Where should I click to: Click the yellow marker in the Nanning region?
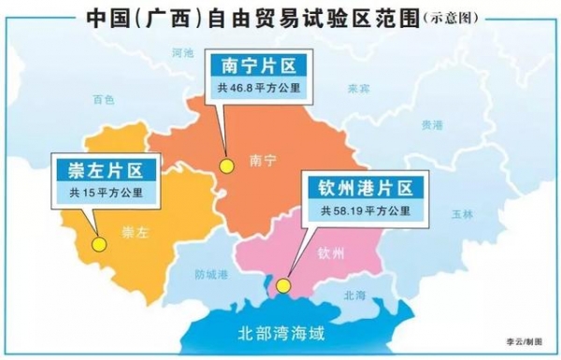pyautogui.click(x=224, y=166)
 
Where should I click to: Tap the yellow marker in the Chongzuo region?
pyautogui.click(x=98, y=244)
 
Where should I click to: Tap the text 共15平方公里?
pyautogui.click(x=102, y=194)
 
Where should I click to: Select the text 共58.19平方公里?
pyautogui.click(x=366, y=210)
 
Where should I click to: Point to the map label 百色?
pyautogui.click(x=104, y=97)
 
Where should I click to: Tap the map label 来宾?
pyautogui.click(x=359, y=90)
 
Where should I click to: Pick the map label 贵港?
pyautogui.click(x=432, y=124)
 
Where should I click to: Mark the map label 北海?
pyautogui.click(x=355, y=295)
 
